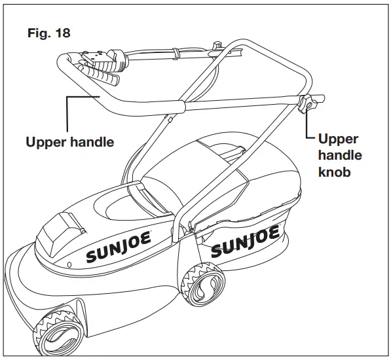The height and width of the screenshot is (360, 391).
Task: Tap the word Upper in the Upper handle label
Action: tap(45, 142)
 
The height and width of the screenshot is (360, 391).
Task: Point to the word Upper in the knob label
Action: tap(339, 139)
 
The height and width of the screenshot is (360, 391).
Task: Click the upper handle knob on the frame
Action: tap(308, 104)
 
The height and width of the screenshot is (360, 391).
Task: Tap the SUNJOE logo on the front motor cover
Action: tap(119, 245)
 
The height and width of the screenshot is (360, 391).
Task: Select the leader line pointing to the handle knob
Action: tap(308, 128)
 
